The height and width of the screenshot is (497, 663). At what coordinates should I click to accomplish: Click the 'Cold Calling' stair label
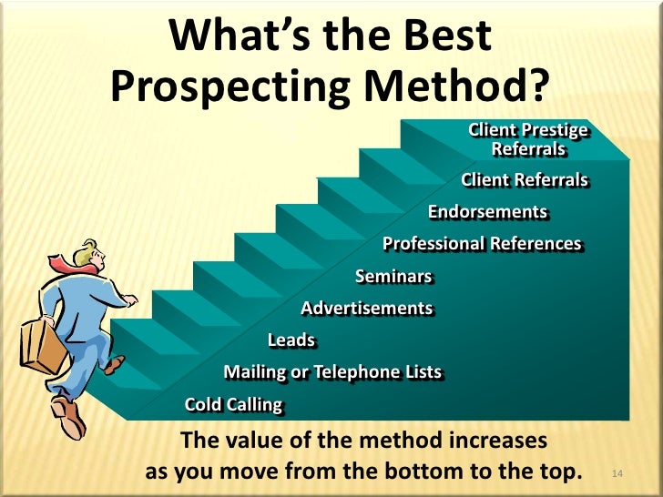(234, 404)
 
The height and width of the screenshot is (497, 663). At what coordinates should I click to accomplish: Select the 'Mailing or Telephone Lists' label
(332, 371)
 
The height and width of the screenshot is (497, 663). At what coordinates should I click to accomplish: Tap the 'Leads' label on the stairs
(291, 340)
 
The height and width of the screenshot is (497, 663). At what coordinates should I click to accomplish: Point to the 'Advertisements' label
(366, 309)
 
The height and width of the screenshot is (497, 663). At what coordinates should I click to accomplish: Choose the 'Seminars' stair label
(393, 277)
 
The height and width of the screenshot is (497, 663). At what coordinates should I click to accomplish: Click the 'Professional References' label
(482, 244)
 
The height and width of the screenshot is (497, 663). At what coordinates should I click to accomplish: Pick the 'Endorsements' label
(488, 212)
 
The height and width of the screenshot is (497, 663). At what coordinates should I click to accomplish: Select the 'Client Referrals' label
(525, 180)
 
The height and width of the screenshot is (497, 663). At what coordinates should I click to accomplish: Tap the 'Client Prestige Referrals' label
(528, 139)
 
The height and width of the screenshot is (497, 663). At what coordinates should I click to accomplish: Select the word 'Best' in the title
(446, 36)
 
